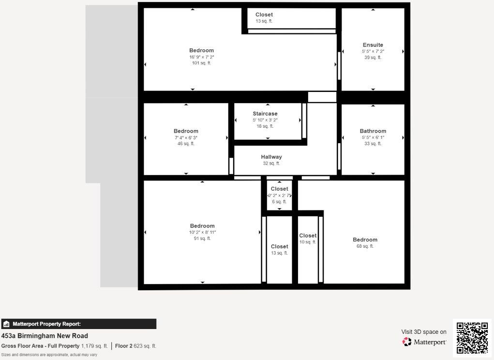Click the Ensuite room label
click(x=373, y=45)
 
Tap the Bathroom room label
click(x=373, y=131)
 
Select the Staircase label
click(x=265, y=114)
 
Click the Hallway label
click(x=271, y=157)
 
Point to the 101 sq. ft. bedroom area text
click(x=201, y=63)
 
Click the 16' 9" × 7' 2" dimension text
click(x=201, y=57)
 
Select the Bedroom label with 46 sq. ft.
click(x=186, y=131)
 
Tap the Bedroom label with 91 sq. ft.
click(x=202, y=226)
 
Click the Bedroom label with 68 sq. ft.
click(x=365, y=240)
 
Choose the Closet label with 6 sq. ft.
click(x=279, y=189)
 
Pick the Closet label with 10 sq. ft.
click(x=308, y=236)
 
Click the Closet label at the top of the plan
click(x=264, y=15)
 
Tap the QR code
click(x=472, y=338)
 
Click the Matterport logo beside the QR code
click(x=424, y=342)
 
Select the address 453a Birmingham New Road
click(x=45, y=336)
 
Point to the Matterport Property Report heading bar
click(x=78, y=324)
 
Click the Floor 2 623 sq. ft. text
click(x=135, y=346)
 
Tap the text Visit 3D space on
click(x=423, y=332)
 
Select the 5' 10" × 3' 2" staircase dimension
click(x=265, y=120)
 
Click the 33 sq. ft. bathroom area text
click(x=373, y=144)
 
